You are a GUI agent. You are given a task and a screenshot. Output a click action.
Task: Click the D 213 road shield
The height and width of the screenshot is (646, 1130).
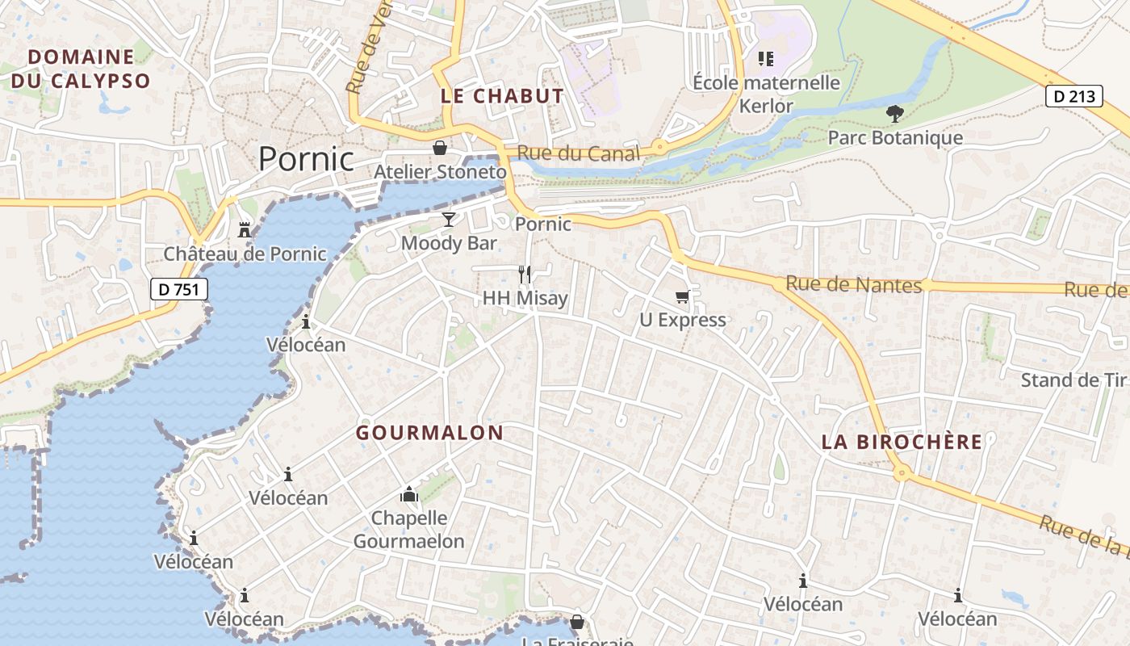1074,96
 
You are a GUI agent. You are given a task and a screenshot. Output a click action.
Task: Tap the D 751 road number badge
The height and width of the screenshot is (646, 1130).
179,289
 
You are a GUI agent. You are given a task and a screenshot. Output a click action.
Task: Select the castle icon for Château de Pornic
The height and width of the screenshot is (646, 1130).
245,231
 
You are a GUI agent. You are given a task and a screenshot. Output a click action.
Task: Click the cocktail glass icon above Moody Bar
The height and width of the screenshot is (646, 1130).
449,220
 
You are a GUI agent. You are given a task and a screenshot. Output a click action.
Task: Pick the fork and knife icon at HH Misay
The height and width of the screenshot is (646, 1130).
525,275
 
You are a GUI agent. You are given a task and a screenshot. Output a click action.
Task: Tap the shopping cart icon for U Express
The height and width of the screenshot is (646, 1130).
682,297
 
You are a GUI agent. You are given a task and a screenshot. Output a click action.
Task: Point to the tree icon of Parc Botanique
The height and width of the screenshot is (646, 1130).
894,114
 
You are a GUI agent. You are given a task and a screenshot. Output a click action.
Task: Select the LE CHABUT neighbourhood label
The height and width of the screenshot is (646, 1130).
502,96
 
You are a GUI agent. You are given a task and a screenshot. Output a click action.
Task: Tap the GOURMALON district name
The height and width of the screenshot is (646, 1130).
429,433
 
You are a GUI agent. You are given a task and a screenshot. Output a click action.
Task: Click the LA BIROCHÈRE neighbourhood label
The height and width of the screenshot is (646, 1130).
902,442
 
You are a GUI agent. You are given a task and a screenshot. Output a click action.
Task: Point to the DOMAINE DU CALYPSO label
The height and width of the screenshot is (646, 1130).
81,69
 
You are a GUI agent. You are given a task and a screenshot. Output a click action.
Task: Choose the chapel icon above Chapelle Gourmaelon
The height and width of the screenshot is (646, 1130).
409,494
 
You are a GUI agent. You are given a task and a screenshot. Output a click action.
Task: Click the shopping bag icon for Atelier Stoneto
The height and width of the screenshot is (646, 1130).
440,149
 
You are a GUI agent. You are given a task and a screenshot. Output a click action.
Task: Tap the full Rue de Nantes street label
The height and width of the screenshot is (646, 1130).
853,284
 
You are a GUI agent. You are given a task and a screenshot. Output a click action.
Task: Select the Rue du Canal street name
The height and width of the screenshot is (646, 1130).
578,153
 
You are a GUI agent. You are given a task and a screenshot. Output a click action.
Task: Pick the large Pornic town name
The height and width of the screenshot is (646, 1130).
306,159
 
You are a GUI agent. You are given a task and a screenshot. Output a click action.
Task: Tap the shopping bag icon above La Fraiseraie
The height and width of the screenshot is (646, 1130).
576,622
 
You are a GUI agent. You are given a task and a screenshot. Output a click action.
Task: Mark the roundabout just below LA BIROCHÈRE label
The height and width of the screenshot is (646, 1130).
902,473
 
